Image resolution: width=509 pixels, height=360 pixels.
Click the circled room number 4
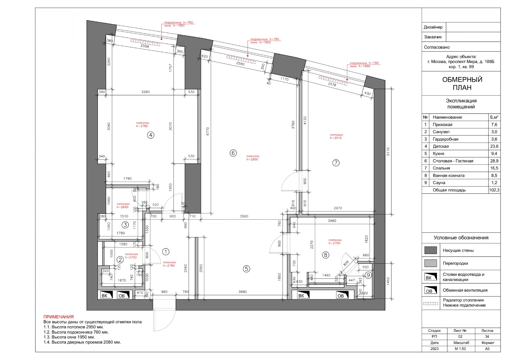click(x=150, y=135)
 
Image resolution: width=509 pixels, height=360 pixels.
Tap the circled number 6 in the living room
click(x=233, y=153)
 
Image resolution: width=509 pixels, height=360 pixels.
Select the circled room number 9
click(x=368, y=275)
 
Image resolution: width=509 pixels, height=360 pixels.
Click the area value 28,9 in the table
click(x=494, y=161)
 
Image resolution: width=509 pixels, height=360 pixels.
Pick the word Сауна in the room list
click(x=439, y=183)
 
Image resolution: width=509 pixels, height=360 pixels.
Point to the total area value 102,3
click(x=494, y=190)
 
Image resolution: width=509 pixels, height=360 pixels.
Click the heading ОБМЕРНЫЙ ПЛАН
click(x=462, y=84)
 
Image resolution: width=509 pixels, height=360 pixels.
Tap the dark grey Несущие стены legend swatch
click(x=430, y=250)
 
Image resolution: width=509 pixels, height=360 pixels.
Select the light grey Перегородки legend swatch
click(x=430, y=263)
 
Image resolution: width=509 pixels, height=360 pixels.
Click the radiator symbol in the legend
click(x=431, y=304)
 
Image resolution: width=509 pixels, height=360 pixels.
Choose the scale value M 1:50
click(x=460, y=349)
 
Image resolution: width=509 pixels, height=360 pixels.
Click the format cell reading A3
click(x=487, y=349)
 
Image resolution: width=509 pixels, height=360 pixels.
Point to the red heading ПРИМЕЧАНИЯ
click(x=59, y=317)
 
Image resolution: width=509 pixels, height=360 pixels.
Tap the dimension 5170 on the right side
click(x=388, y=152)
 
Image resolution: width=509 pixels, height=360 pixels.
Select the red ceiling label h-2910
click(x=336, y=138)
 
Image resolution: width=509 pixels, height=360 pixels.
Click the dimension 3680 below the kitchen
click(x=243, y=292)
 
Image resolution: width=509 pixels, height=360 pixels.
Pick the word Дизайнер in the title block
click(x=433, y=27)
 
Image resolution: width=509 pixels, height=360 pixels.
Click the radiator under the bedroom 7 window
click(x=333, y=81)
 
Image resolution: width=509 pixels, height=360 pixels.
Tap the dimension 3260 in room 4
click(x=145, y=92)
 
